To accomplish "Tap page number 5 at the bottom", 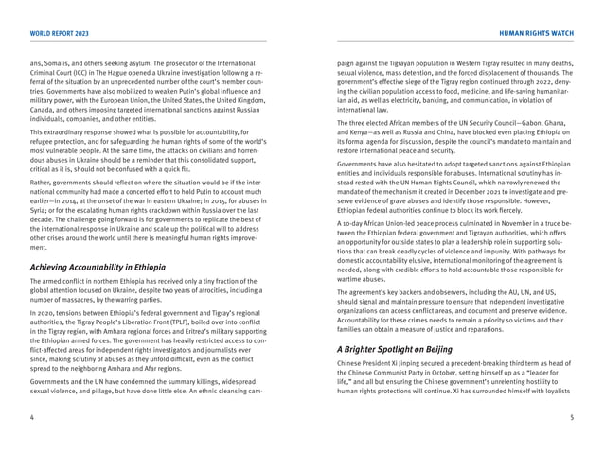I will pyautogui.click(x=571, y=415).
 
